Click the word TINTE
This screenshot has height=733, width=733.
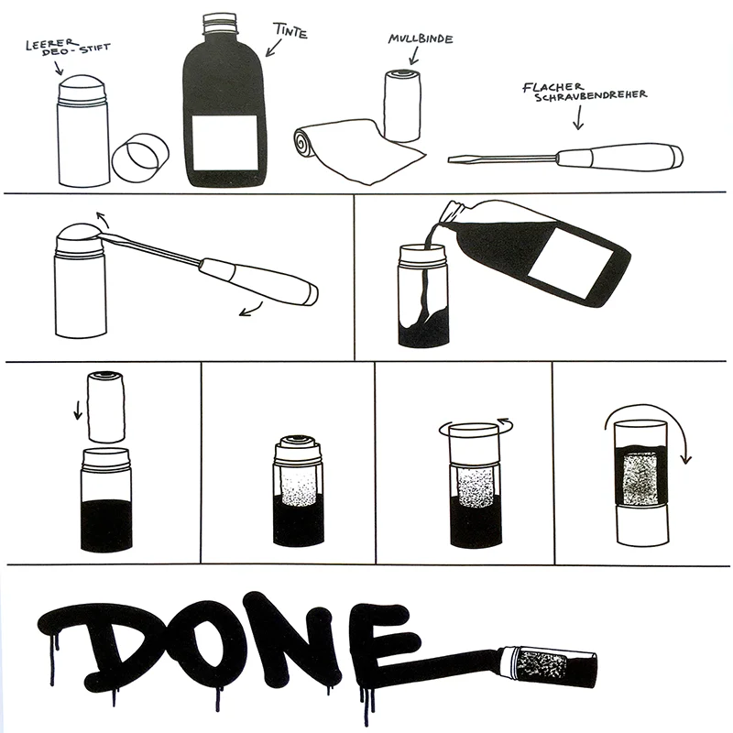point(290,30)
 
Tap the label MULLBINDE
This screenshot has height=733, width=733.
point(421,38)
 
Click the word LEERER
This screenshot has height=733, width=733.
point(51,43)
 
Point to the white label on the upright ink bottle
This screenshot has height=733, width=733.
point(224,142)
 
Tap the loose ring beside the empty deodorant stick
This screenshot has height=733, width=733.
point(140,158)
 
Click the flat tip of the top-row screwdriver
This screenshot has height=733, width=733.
point(451,159)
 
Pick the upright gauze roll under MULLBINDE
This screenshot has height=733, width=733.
point(402,105)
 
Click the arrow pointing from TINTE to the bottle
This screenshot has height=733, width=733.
point(273,48)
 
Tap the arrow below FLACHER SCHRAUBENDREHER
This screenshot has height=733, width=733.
point(579,117)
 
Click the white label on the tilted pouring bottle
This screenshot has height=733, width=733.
point(571,263)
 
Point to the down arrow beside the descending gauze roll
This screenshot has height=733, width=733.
point(78,410)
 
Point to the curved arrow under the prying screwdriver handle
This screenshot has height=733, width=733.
point(251,310)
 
